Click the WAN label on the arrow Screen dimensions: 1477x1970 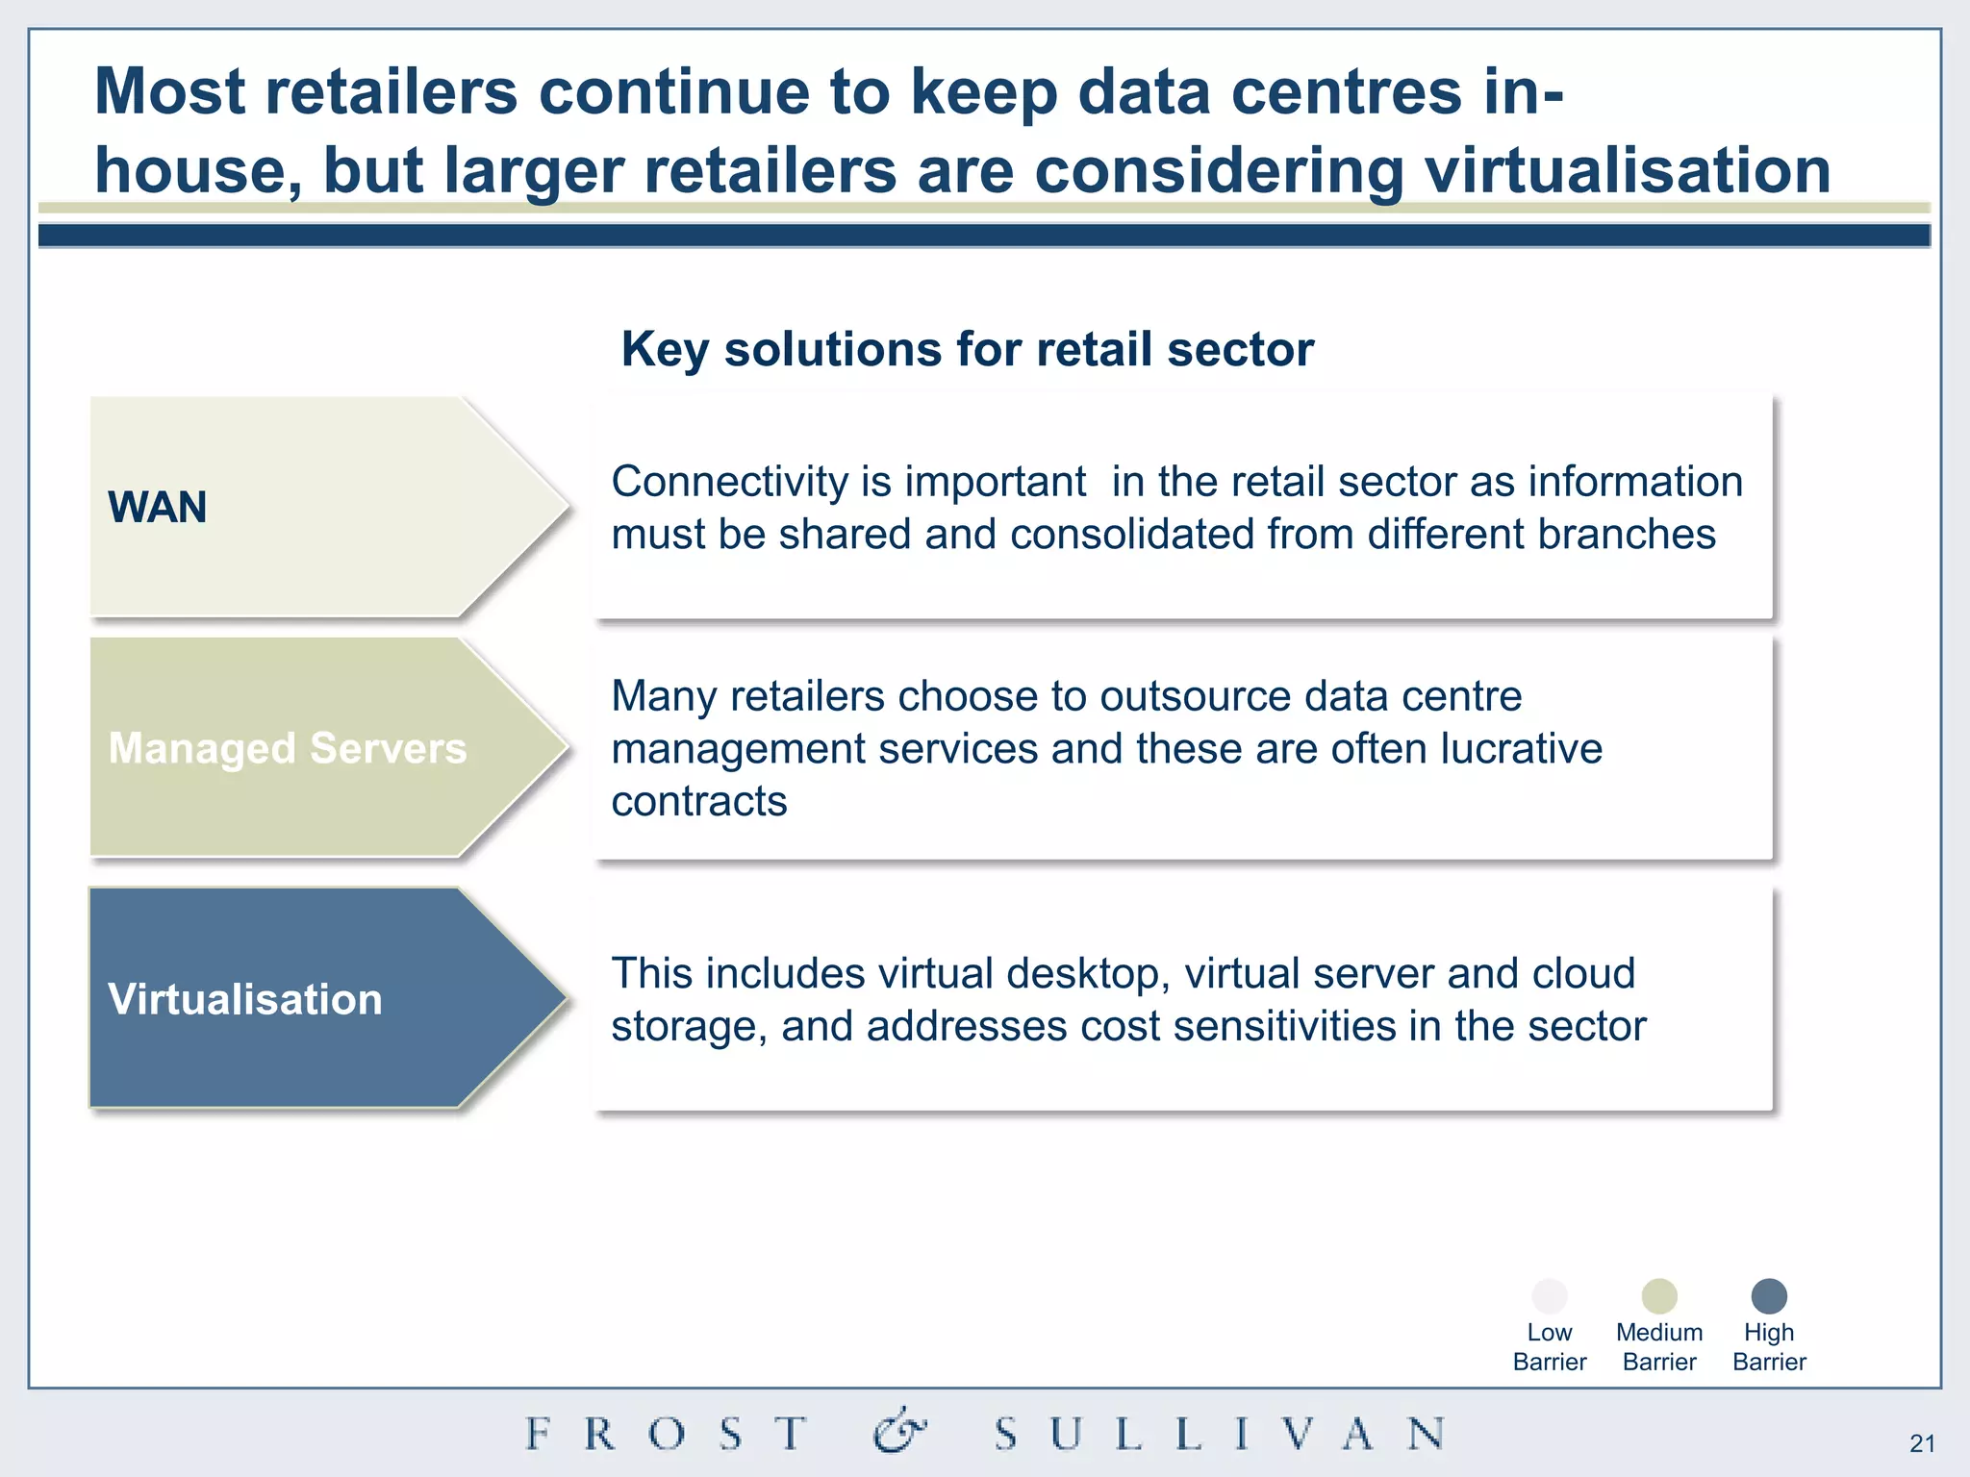tap(157, 508)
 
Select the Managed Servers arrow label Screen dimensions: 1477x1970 tap(287, 748)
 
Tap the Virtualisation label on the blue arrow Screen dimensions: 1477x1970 tap(244, 999)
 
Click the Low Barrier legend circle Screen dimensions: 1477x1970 tap(1549, 1296)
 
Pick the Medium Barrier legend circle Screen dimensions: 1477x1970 tap(1659, 1296)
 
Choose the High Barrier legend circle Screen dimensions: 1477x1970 tap(1769, 1296)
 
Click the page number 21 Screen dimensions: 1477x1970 tap(1922, 1443)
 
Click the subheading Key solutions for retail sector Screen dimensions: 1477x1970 tap(967, 349)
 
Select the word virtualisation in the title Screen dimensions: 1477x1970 tap(1627, 170)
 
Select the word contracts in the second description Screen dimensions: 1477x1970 tap(698, 801)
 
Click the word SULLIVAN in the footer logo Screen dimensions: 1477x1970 tap(1219, 1434)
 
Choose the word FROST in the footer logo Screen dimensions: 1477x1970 tap(668, 1434)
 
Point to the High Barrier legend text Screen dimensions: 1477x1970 tap(1769, 1347)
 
